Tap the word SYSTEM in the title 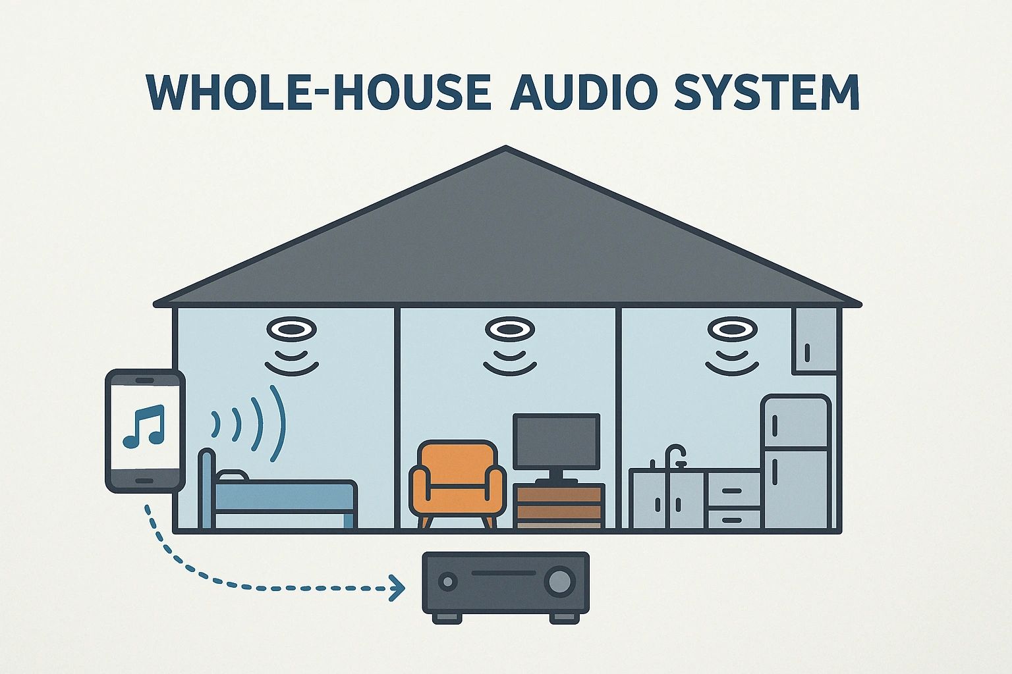coord(767,92)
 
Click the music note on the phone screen coord(144,426)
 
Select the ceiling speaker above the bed coord(291,329)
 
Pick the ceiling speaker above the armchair coord(510,329)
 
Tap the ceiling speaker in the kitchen coord(732,329)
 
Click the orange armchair coord(457,484)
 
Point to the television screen coord(556,441)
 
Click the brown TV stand coord(559,505)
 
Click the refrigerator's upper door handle coord(775,426)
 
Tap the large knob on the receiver coord(560,581)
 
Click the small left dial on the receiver coord(448,581)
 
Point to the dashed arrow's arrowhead coord(397,588)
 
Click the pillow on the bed coord(232,475)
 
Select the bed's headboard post coord(207,488)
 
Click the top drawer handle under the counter coord(732,491)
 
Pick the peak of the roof coord(505,147)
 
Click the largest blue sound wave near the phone coord(277,423)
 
